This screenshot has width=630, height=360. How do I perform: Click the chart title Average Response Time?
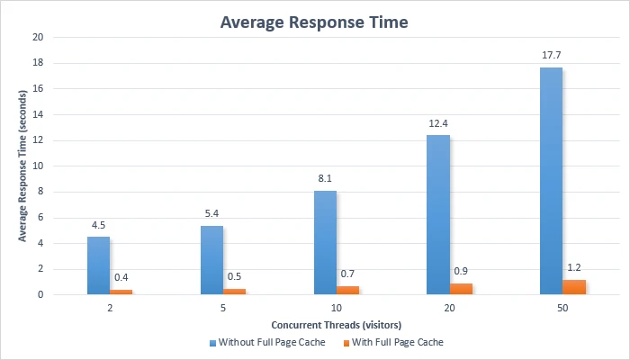coord(314,22)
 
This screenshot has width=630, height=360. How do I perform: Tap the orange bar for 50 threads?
coord(574,286)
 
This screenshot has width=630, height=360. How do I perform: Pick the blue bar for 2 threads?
coord(99,265)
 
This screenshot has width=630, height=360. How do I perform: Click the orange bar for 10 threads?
coord(347,290)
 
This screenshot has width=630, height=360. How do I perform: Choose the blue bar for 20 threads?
coord(438,214)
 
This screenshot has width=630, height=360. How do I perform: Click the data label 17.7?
coord(551,56)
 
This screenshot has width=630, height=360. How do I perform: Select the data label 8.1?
coord(325,179)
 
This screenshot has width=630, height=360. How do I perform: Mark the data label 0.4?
coord(121,277)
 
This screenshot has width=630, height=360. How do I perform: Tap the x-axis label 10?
coord(337,308)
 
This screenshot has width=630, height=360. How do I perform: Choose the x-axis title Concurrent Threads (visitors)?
coord(337,324)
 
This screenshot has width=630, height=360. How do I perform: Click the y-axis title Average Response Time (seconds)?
coord(22,166)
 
